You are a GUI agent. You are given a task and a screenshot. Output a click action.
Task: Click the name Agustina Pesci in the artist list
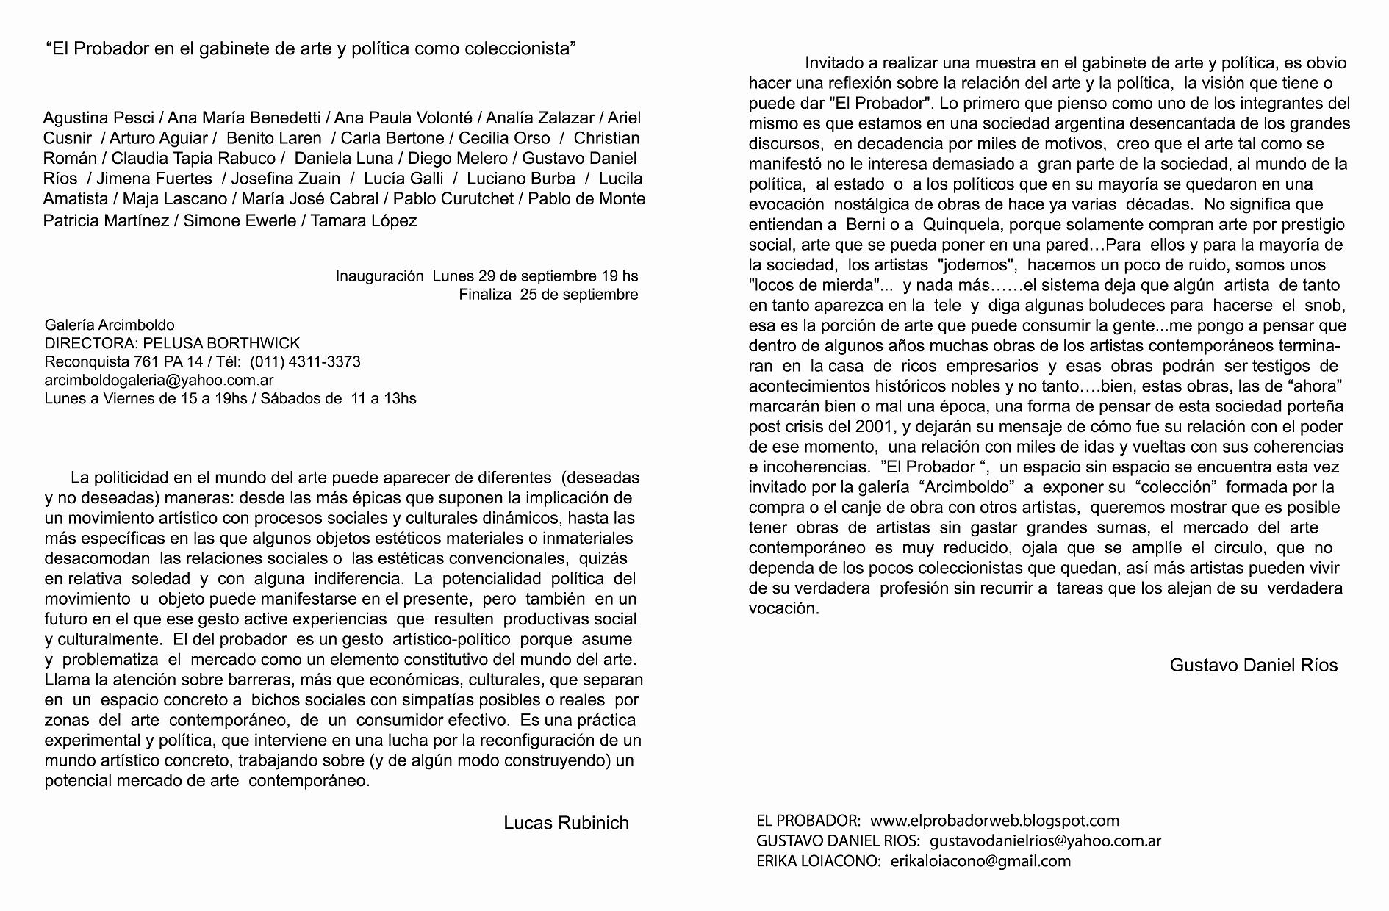point(98,118)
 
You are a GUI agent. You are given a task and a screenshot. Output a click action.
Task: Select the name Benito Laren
point(273,138)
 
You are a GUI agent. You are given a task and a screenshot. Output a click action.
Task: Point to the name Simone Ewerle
point(240,220)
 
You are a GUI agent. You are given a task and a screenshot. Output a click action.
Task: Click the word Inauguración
point(379,276)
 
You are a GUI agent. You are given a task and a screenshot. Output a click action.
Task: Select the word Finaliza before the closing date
point(484,295)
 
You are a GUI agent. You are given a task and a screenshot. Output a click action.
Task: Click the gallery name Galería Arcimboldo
point(110,325)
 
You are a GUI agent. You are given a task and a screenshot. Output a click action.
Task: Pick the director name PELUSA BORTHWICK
point(221,343)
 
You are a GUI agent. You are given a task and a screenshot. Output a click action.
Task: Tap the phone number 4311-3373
point(327,361)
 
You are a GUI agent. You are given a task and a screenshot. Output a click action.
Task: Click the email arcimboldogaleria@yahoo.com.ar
point(159,380)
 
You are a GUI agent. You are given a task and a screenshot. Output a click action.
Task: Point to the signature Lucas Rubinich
point(566,823)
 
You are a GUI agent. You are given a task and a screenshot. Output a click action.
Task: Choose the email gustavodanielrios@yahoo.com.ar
point(1045,841)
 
